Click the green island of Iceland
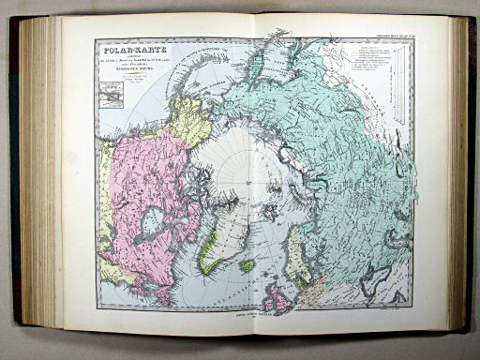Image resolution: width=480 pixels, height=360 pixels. (247, 266)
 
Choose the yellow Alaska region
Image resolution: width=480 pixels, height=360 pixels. (188, 119)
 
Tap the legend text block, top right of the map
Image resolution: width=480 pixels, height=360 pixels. (371, 66)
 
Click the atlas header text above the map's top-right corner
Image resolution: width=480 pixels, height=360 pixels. (388, 35)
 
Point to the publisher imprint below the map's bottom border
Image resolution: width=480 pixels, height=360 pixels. (254, 321)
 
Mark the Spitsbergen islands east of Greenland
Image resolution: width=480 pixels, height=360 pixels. (269, 211)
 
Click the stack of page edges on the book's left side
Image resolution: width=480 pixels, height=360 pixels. (40, 178)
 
